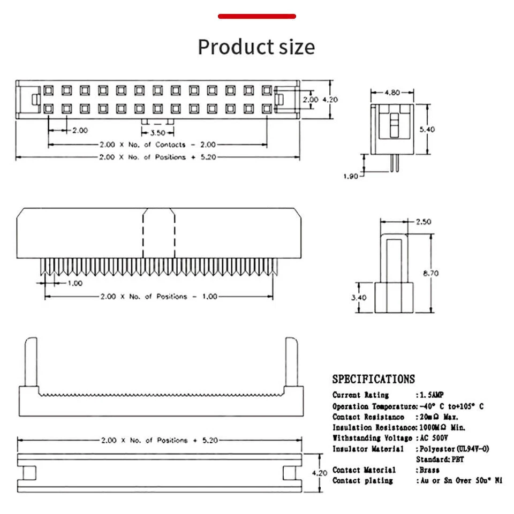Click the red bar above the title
click(x=257, y=17)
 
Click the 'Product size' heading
click(x=256, y=47)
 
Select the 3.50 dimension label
click(x=157, y=133)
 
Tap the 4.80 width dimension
click(x=392, y=93)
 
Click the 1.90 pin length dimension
click(x=350, y=176)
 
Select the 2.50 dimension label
click(x=423, y=222)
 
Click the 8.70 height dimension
click(x=431, y=273)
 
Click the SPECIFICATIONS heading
click(x=373, y=379)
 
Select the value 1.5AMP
click(x=432, y=395)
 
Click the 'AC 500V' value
click(x=433, y=438)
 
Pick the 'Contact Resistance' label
click(x=368, y=417)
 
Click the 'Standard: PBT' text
click(x=440, y=459)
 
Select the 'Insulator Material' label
click(x=368, y=449)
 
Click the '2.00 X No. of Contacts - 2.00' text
click(x=157, y=145)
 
